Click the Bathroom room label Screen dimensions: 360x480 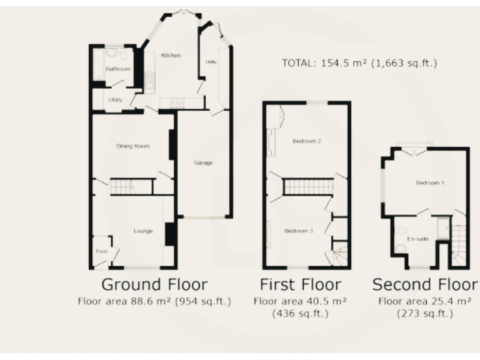(117, 69)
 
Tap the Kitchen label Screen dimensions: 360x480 (171, 56)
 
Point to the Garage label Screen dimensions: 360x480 (203, 163)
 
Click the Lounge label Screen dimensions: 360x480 (143, 231)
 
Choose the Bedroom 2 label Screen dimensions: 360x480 (307, 141)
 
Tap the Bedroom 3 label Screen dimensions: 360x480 (298, 231)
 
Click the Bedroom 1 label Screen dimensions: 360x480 (430, 183)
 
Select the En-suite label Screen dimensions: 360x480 (417, 239)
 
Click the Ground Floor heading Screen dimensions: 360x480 (154, 285)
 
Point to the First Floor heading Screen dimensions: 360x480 (301, 285)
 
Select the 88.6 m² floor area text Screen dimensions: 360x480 (154, 301)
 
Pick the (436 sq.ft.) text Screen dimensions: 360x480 (301, 314)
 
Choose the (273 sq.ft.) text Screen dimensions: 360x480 (424, 314)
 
